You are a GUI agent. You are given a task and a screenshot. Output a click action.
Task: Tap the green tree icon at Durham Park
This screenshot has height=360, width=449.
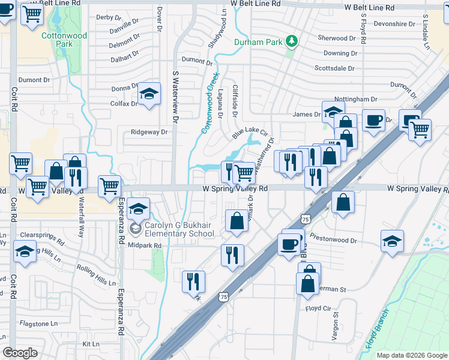292,41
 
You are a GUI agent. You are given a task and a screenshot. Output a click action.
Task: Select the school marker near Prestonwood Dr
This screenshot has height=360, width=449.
393,241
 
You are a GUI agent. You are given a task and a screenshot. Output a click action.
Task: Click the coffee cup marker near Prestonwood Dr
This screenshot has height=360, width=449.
289,244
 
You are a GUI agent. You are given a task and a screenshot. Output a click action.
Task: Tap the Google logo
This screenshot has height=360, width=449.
20,353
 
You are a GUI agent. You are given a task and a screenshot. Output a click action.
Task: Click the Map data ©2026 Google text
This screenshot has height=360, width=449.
411,355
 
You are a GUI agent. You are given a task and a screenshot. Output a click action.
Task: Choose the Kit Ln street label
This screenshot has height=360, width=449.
91,344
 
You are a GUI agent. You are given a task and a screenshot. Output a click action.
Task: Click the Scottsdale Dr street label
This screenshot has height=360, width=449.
334,68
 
